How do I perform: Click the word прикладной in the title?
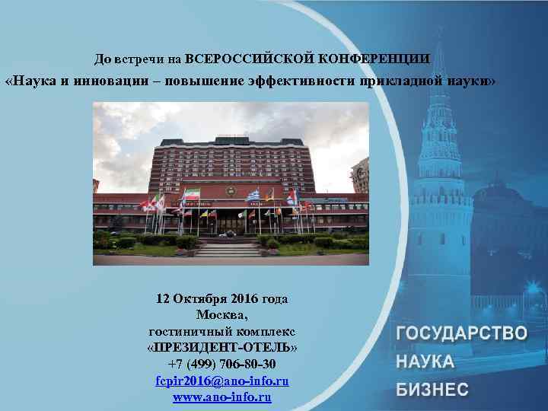click(x=398, y=81)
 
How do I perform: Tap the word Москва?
click(x=221, y=314)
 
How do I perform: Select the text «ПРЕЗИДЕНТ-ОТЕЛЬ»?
click(x=221, y=346)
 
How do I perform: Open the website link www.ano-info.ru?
click(x=221, y=396)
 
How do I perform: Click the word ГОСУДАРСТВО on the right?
click(x=461, y=333)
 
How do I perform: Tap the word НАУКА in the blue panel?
click(x=425, y=362)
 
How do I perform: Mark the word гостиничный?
click(x=186, y=330)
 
